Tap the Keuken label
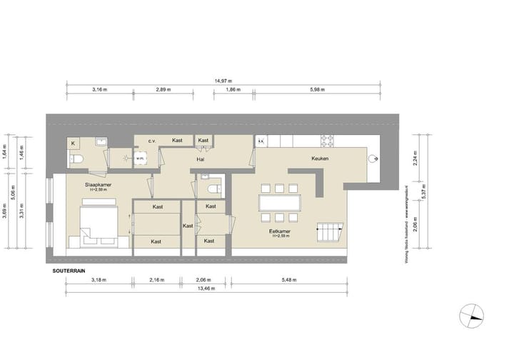(319, 159)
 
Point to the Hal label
(201, 159)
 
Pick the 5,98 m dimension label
(318, 91)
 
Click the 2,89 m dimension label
(164, 91)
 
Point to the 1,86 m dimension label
(233, 91)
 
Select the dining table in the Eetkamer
(281, 201)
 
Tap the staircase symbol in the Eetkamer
(332, 232)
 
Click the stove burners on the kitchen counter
(328, 141)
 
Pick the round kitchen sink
(373, 159)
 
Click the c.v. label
(152, 141)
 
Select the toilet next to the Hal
(211, 187)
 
